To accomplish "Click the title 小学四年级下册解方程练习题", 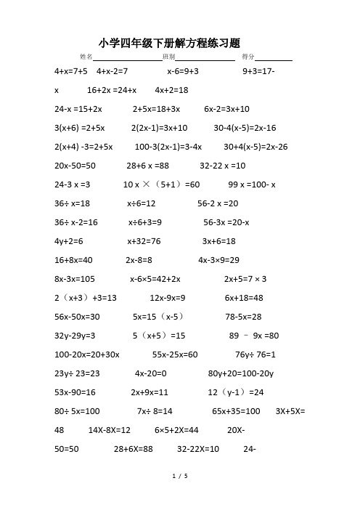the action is click(179, 42).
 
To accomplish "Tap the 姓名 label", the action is click(86, 57).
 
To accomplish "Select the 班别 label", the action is click(168, 57).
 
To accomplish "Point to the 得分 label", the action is click(247, 57).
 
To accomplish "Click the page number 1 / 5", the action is click(180, 476).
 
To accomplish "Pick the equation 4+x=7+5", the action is click(71, 72).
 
